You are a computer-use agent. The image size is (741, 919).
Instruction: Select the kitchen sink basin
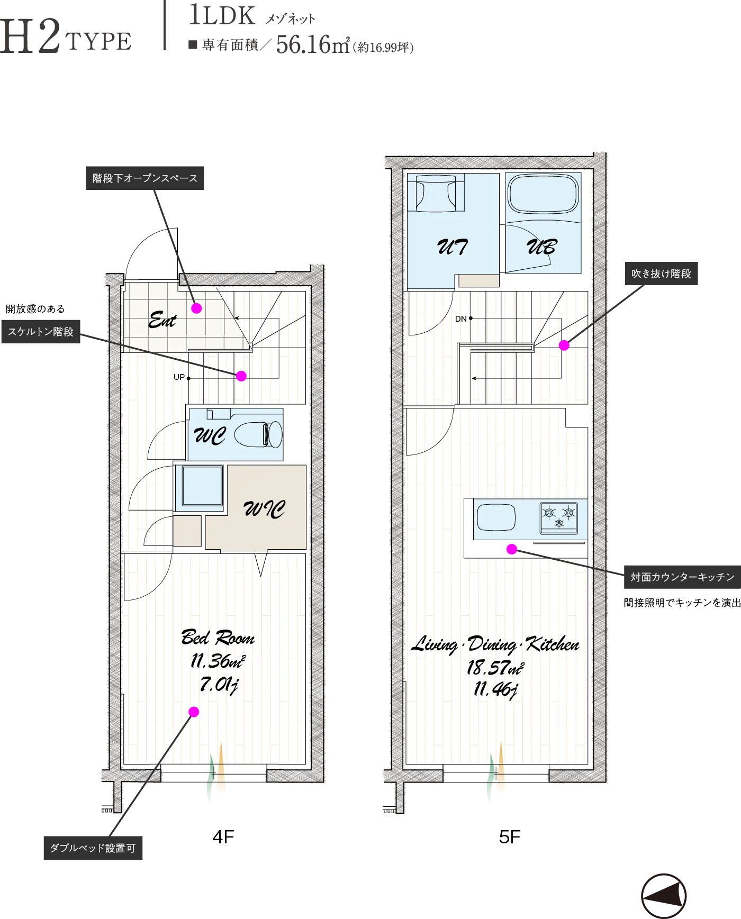[496, 517]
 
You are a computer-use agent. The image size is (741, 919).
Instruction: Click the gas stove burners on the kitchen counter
[559, 517]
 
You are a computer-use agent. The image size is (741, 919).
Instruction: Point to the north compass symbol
[664, 896]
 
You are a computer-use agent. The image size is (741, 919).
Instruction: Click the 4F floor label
[223, 837]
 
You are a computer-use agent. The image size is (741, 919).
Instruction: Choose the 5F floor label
[510, 837]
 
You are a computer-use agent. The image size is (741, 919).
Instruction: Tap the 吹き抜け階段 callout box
[661, 274]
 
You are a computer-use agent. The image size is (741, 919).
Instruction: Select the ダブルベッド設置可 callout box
[93, 848]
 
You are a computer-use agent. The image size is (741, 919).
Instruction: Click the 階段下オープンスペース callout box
[145, 178]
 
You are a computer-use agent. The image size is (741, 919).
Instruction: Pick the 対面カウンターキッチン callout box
[683, 577]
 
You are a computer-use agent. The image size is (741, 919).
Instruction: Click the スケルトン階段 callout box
[41, 332]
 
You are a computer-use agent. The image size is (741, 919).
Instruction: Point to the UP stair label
[179, 377]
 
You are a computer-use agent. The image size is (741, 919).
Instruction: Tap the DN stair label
[461, 319]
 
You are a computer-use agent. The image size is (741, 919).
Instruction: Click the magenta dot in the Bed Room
[194, 712]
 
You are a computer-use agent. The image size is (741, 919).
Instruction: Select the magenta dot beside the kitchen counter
[512, 549]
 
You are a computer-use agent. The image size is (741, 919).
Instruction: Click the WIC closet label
[264, 508]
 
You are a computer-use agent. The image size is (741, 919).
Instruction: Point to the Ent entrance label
[162, 320]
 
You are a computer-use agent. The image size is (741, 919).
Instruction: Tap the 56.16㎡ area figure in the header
[313, 44]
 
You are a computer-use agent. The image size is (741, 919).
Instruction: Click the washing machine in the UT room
[436, 193]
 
